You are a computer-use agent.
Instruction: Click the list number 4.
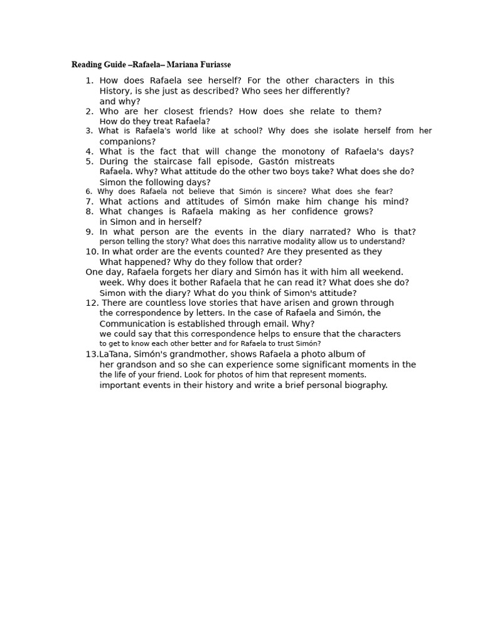coord(89,151)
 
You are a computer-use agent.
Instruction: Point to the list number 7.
coord(89,202)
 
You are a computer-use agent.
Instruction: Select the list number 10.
coord(92,252)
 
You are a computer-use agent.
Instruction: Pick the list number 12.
coord(92,303)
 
